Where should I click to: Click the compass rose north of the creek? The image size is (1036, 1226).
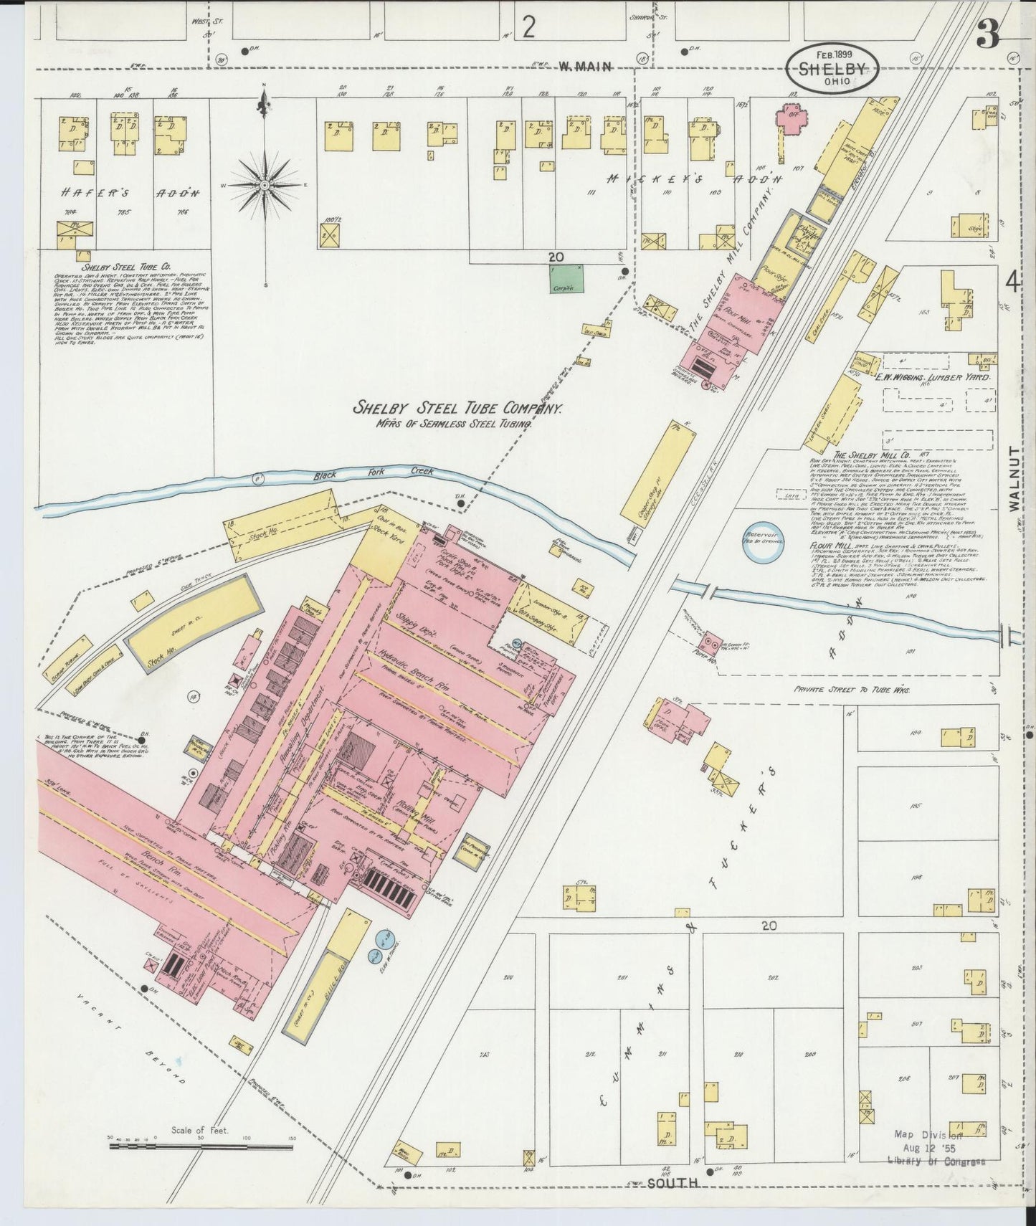(265, 185)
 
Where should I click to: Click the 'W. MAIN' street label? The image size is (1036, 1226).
(585, 67)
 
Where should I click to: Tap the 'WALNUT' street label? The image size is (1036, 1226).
(1014, 478)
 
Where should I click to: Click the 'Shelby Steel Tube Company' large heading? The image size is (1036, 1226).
(456, 408)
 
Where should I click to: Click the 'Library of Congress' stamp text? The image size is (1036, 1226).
(936, 1161)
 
